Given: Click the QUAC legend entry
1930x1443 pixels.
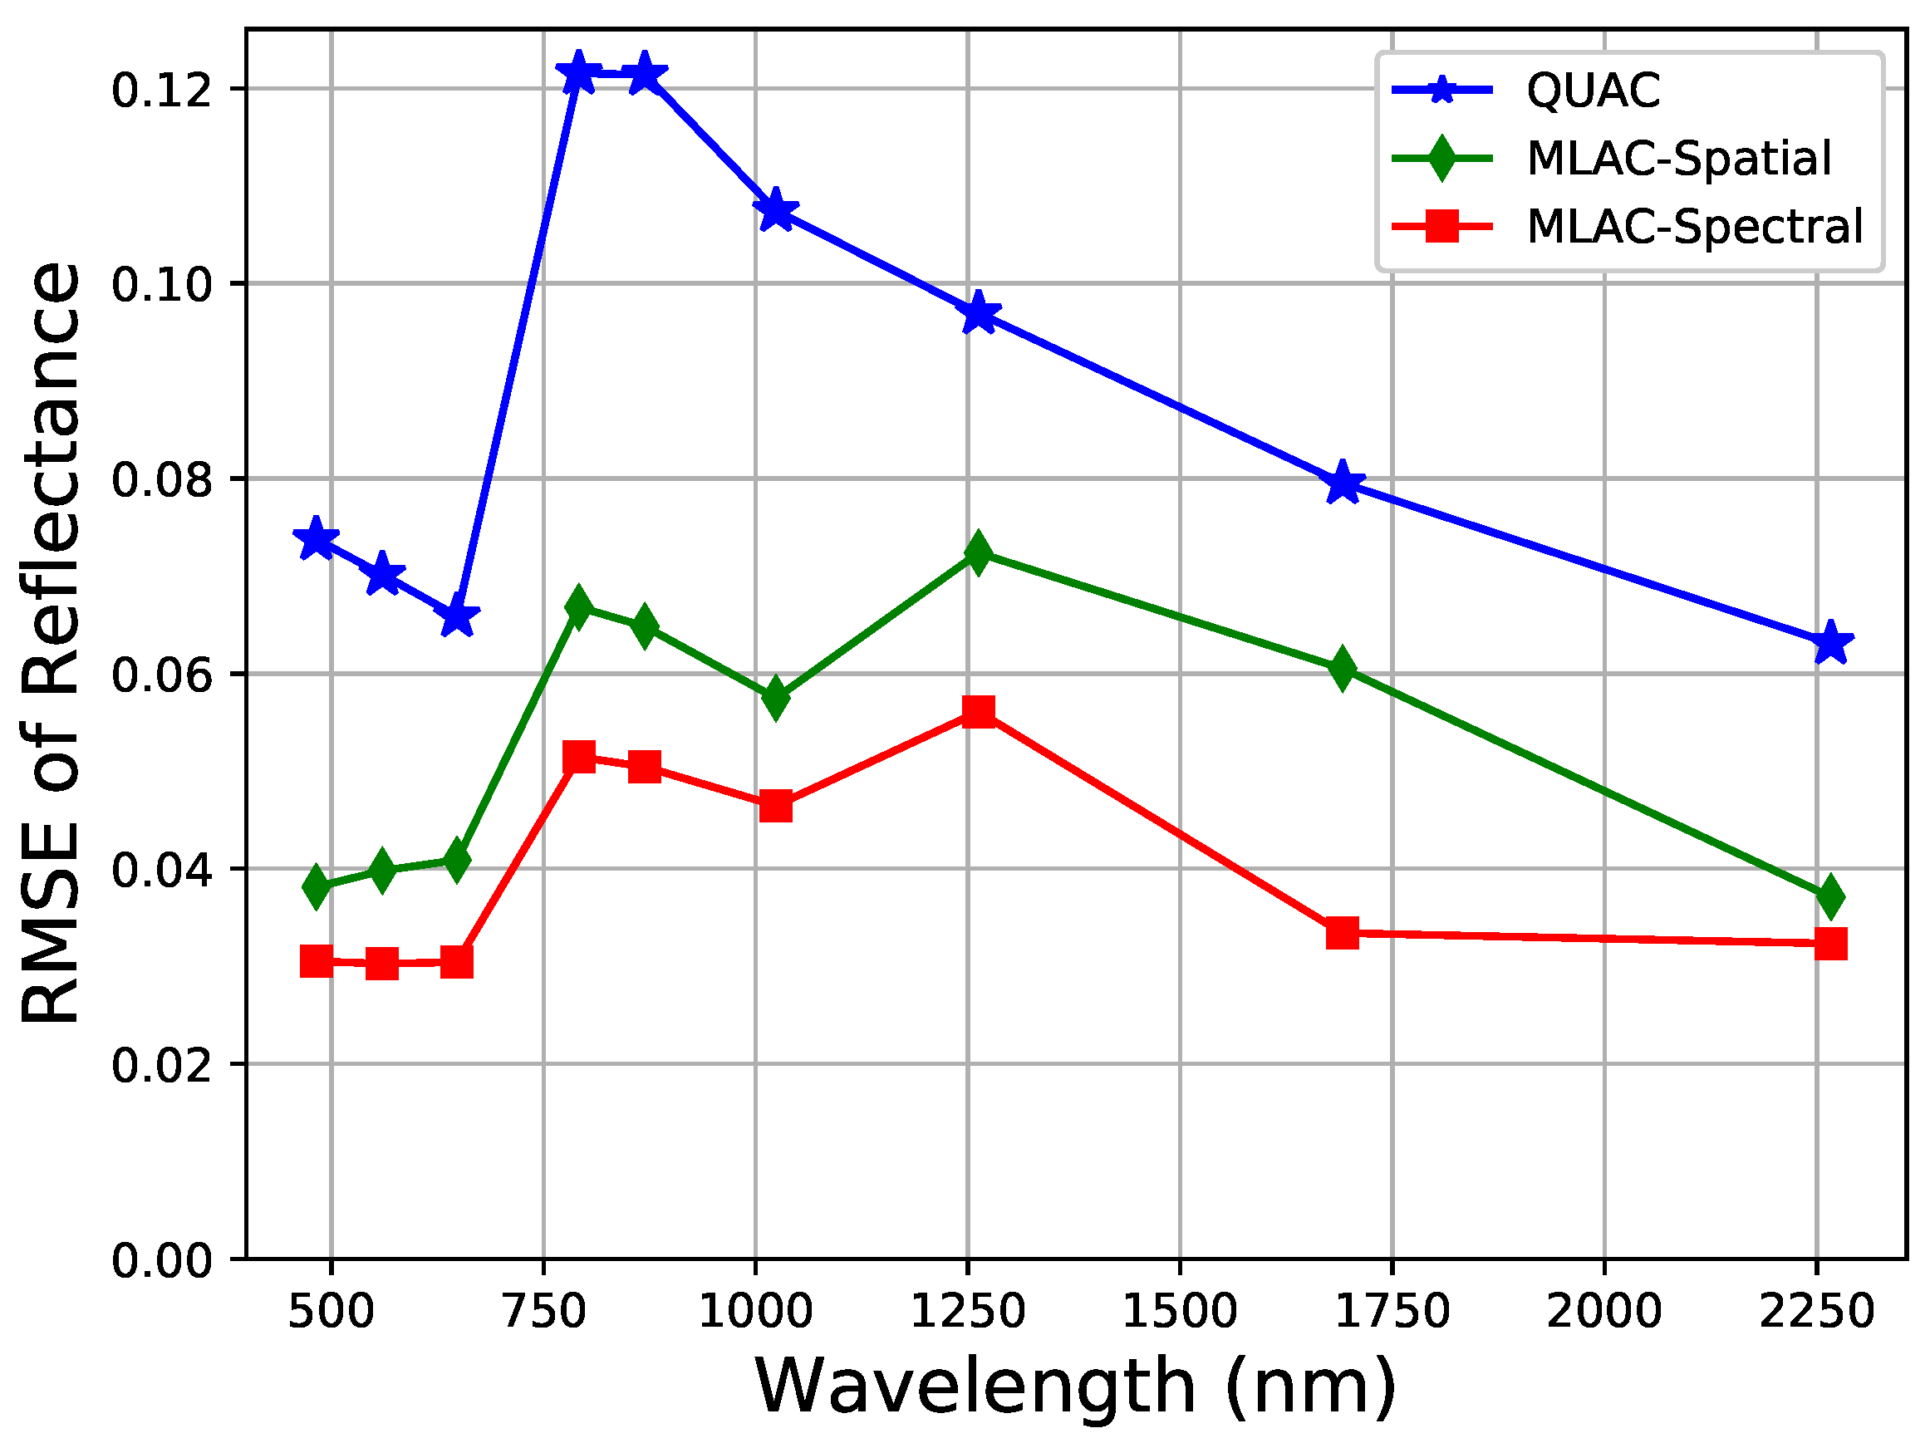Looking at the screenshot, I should [1593, 90].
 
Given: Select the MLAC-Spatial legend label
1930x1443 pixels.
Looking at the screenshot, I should [1677, 159].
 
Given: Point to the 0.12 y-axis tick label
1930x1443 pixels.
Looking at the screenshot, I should [162, 90].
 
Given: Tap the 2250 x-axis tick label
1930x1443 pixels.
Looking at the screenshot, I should [1815, 1311].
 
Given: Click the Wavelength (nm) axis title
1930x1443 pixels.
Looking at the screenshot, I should [1075, 1387].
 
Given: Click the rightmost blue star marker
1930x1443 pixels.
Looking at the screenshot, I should [1830, 644].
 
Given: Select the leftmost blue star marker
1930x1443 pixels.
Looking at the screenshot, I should [317, 540].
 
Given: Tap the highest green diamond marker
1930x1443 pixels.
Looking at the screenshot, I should [978, 552].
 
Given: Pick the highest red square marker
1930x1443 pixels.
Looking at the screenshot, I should [978, 712].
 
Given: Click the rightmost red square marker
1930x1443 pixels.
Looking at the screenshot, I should [1830, 944].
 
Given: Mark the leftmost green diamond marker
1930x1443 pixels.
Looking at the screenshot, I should [317, 887].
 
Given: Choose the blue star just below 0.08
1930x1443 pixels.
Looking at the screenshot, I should [1343, 483].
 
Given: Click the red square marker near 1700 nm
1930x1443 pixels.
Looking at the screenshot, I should [1343, 934].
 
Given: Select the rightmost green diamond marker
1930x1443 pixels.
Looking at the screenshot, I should [1830, 898].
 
